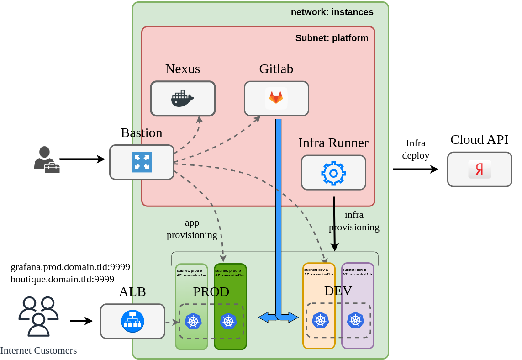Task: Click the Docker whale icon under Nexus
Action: [183, 99]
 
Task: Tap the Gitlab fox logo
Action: [276, 98]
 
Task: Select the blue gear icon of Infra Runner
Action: [333, 173]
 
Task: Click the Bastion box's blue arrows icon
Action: [142, 162]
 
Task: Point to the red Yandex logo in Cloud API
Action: [480, 169]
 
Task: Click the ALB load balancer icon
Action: [132, 321]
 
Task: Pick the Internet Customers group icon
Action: [38, 316]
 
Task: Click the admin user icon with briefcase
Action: [46, 159]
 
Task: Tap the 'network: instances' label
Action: [332, 12]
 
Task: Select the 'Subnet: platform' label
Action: [332, 38]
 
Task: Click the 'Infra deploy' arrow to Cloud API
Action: [415, 169]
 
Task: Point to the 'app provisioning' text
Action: [192, 228]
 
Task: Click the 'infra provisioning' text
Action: [354, 221]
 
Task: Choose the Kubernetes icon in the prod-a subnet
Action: [193, 321]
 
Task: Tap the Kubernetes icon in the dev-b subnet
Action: [355, 320]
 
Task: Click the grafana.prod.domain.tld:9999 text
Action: [70, 267]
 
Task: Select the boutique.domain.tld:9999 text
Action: [62, 279]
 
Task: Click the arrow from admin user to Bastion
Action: [82, 159]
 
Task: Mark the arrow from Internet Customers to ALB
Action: [81, 321]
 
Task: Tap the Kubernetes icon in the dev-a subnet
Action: [320, 320]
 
